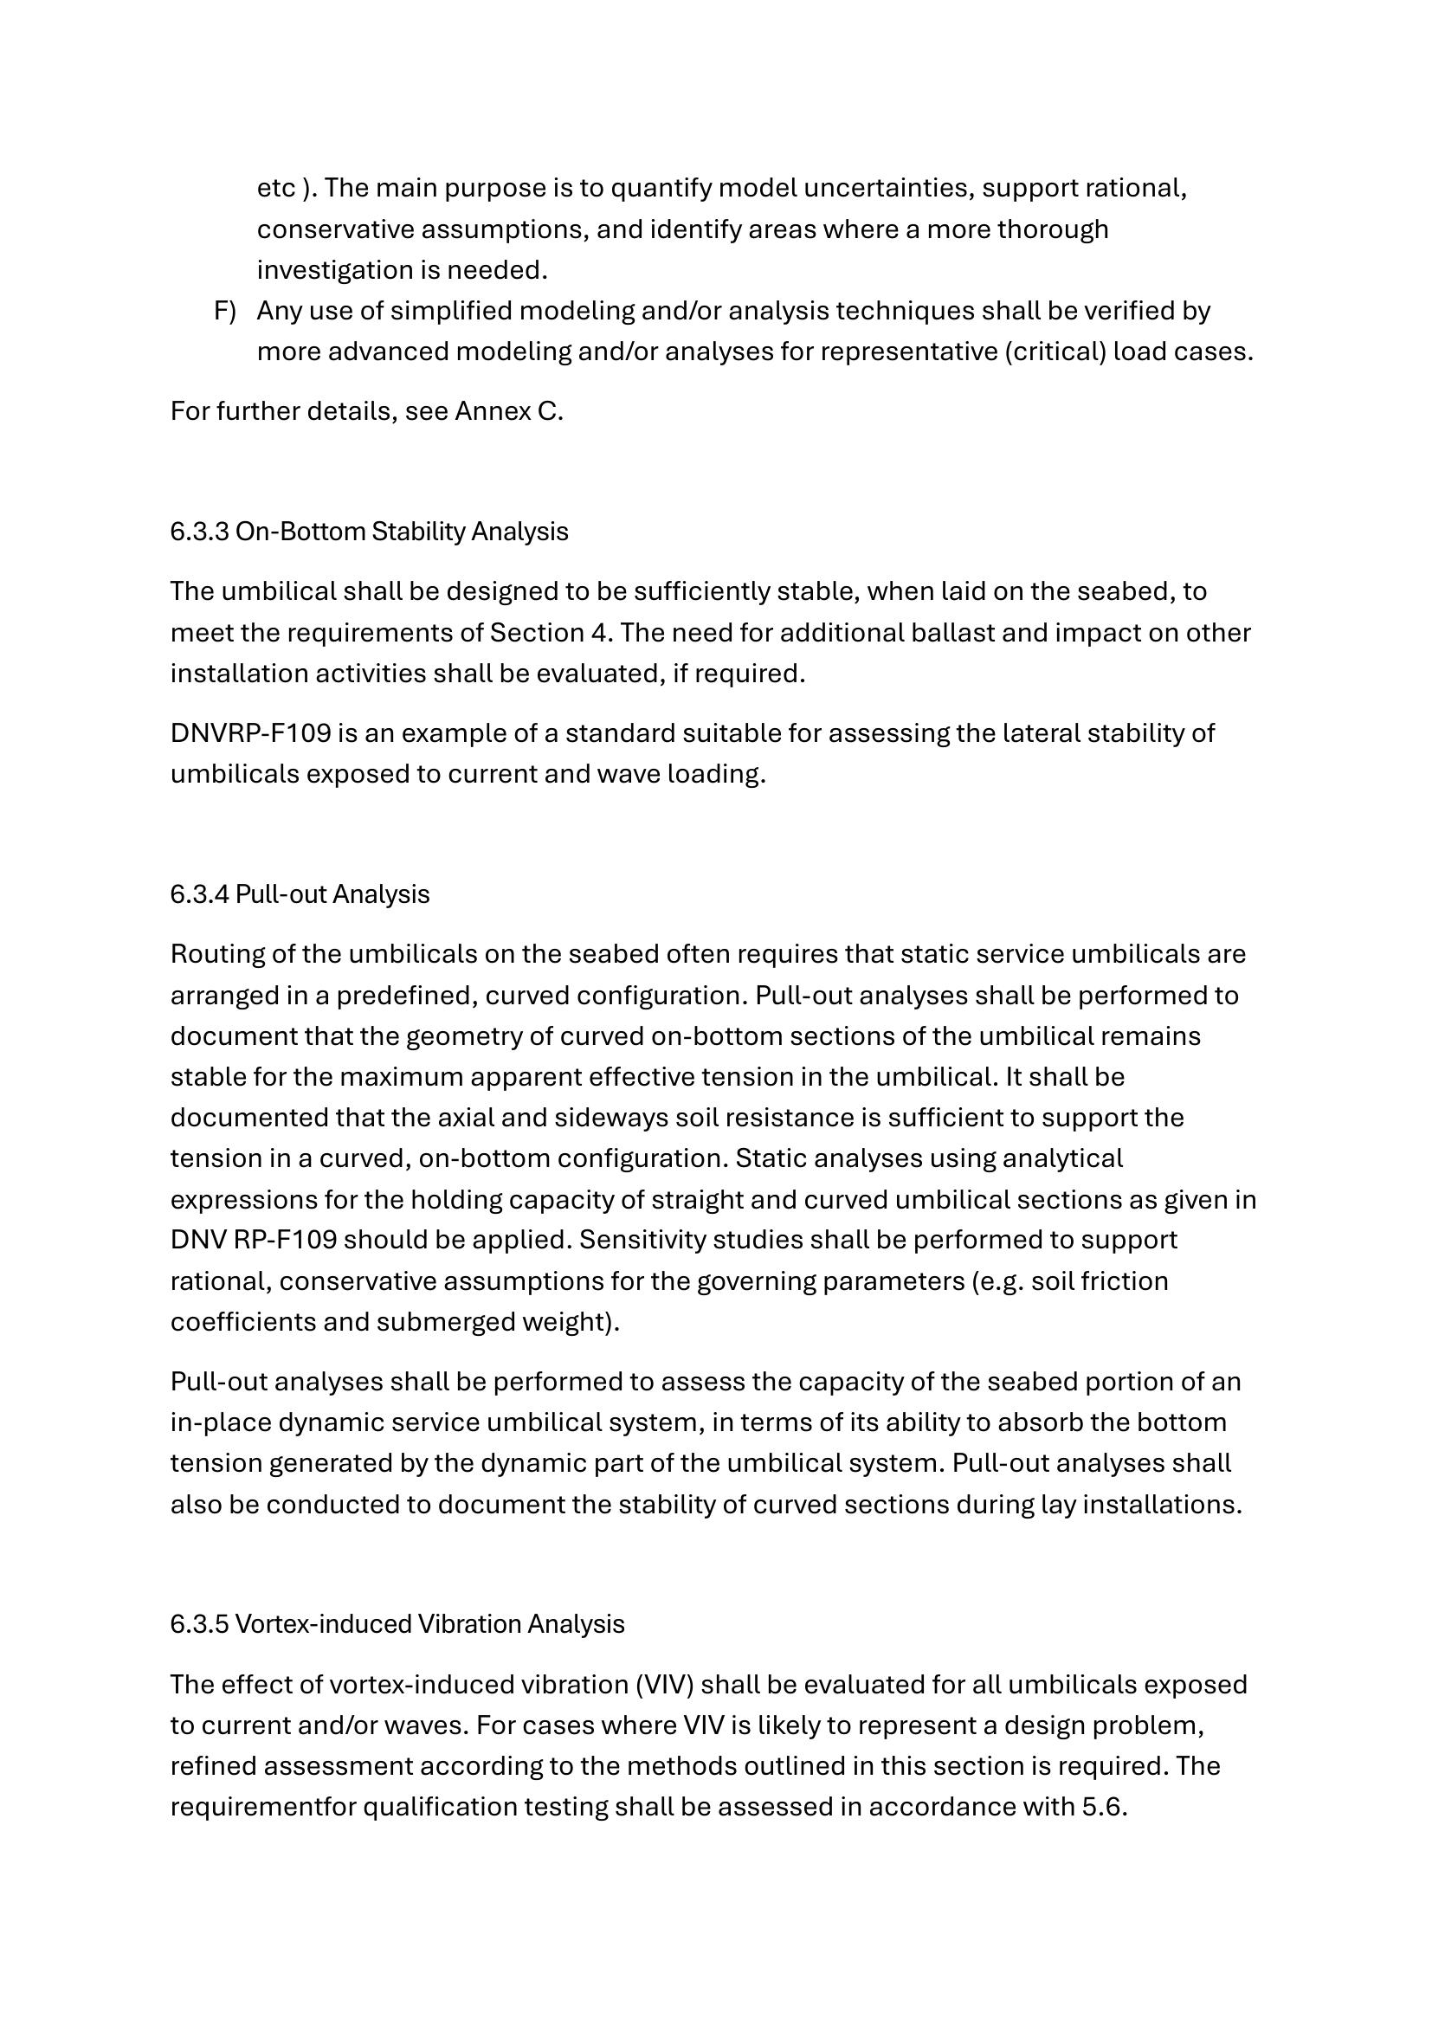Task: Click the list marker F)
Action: pyautogui.click(x=225, y=311)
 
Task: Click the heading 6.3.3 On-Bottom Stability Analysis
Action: pyautogui.click(x=369, y=531)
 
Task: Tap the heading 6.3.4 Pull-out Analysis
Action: pyautogui.click(x=300, y=893)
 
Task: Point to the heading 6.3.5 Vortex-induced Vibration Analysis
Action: pyautogui.click(x=397, y=1623)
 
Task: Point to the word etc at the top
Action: pyautogui.click(x=276, y=188)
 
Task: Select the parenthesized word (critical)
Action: pyautogui.click(x=1055, y=351)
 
